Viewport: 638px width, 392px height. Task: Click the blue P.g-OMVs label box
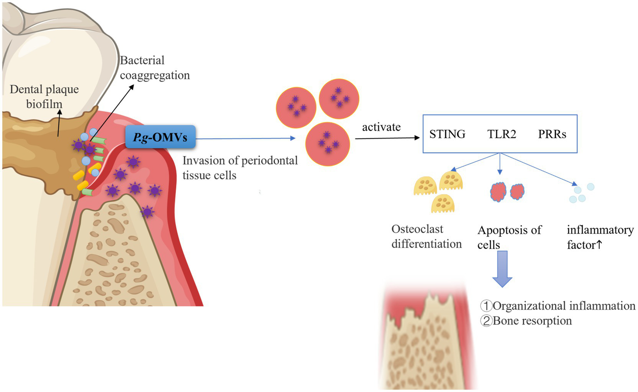[160, 137]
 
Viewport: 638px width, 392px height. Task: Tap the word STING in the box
[447, 134]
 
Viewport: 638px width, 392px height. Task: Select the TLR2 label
[502, 134]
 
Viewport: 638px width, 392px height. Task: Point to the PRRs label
[552, 134]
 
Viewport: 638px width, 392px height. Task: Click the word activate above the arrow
[381, 127]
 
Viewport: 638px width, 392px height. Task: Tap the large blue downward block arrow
[502, 269]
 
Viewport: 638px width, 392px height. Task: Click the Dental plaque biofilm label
[44, 97]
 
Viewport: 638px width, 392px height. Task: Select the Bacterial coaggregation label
[155, 68]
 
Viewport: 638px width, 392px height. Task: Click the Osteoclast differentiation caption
[426, 236]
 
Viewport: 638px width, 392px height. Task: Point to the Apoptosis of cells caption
[509, 237]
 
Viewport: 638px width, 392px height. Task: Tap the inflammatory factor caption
[600, 237]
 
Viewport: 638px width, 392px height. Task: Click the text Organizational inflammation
[564, 306]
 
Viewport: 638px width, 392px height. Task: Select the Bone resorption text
[532, 321]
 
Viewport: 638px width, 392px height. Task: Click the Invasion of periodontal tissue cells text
[240, 168]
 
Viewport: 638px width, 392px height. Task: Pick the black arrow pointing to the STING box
[387, 138]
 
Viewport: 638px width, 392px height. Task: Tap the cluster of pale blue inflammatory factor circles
[581, 193]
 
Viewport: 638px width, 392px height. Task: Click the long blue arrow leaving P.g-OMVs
[245, 138]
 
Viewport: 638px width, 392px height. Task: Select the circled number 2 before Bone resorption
[486, 321]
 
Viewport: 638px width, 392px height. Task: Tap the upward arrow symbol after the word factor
[599, 245]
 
